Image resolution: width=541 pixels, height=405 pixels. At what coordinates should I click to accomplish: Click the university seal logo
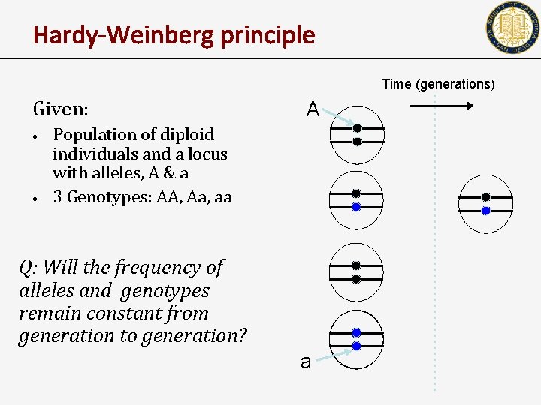[512, 28]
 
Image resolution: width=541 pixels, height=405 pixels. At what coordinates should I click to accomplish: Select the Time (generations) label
[438, 84]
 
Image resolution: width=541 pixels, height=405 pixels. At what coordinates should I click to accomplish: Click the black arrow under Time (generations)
[442, 106]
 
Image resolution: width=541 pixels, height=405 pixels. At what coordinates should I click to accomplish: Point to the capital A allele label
[313, 110]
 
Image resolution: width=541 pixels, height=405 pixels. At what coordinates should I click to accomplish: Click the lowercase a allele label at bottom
[305, 362]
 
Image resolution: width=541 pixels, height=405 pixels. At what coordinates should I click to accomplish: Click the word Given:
[60, 109]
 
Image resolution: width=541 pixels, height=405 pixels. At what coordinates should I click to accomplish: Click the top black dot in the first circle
[358, 128]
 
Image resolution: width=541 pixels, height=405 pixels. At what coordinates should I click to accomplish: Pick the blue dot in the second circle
[356, 206]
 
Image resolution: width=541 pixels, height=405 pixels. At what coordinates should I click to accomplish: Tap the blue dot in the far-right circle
[485, 211]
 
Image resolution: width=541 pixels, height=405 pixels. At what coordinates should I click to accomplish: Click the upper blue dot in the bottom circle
[356, 332]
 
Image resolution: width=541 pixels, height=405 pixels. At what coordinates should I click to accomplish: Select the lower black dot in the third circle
[356, 279]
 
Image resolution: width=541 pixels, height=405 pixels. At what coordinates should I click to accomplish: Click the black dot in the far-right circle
[485, 197]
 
